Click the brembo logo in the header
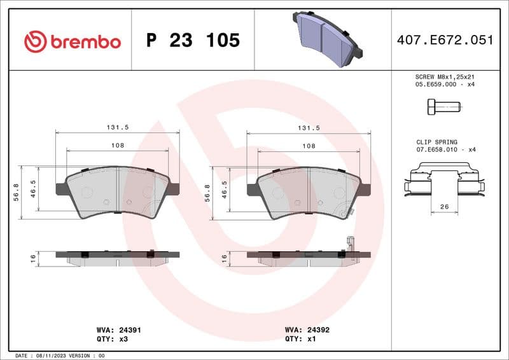(72, 41)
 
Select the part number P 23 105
(193, 41)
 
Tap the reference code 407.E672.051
(445, 40)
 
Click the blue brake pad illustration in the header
(324, 38)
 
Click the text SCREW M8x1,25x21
(445, 76)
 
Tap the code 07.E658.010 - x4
(446, 150)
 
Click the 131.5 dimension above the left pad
(117, 127)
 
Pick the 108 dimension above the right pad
(308, 146)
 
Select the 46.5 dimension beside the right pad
(224, 189)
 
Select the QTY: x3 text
(111, 340)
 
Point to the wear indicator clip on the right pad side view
(349, 244)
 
